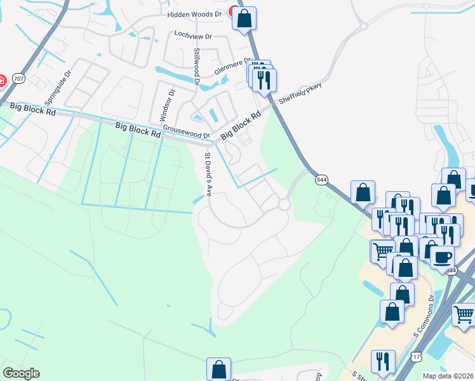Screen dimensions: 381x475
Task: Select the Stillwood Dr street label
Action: coord(197,67)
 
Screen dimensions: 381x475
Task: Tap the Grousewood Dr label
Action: coord(186,132)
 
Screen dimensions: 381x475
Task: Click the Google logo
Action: coord(21,373)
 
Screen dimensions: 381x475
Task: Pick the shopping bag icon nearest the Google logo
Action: coord(218,369)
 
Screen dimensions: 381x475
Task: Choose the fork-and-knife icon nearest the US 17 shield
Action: coord(383,361)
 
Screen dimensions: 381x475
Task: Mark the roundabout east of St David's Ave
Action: coord(283,204)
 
